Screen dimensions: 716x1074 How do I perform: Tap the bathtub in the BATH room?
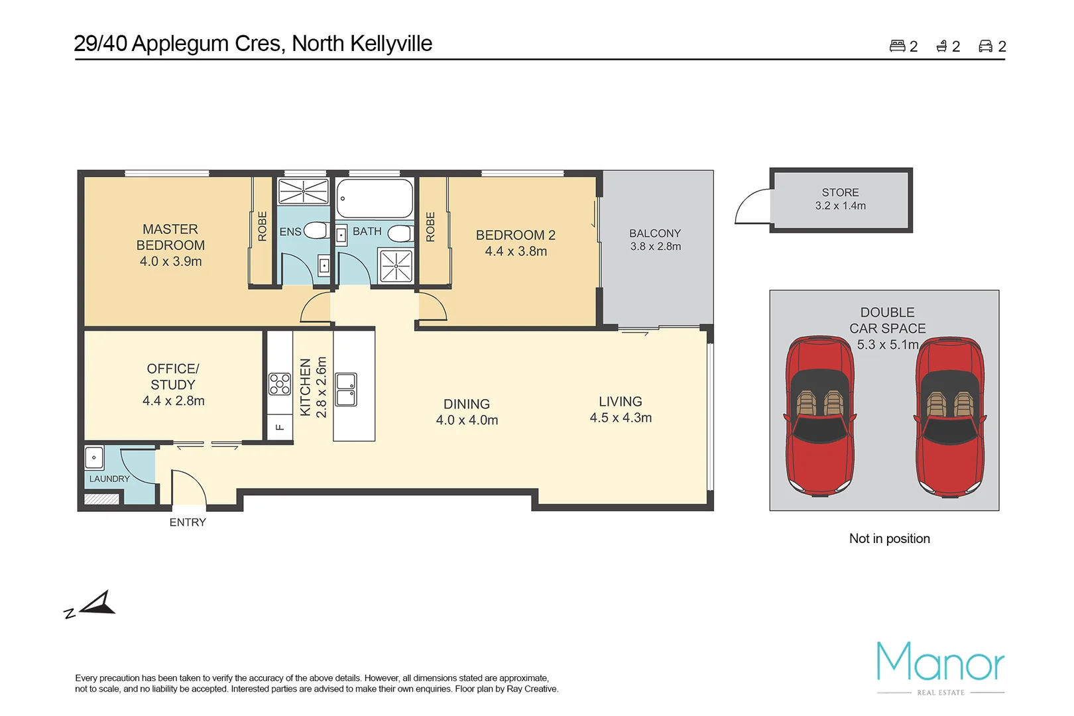coord(375,198)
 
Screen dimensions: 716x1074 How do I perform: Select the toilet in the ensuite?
coord(316,231)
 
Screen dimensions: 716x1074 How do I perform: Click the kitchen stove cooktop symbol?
coord(279,384)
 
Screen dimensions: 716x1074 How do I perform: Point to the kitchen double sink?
coord(346,390)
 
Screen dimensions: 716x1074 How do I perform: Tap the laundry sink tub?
coord(94,457)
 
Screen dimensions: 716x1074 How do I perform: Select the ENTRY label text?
coord(188,522)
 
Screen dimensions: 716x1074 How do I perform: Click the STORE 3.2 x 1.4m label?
coord(840,199)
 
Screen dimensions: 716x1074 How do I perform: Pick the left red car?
coord(819,416)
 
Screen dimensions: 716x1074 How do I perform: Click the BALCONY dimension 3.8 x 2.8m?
coord(655,247)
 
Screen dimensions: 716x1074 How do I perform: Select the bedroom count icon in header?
coord(897,46)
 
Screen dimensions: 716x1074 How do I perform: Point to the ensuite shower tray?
coord(303,191)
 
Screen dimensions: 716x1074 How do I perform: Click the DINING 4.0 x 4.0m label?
coord(467,412)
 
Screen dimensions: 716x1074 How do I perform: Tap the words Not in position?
coord(889,538)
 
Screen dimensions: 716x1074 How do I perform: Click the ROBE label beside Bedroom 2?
coord(430,227)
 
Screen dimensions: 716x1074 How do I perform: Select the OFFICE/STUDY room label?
coord(173,385)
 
